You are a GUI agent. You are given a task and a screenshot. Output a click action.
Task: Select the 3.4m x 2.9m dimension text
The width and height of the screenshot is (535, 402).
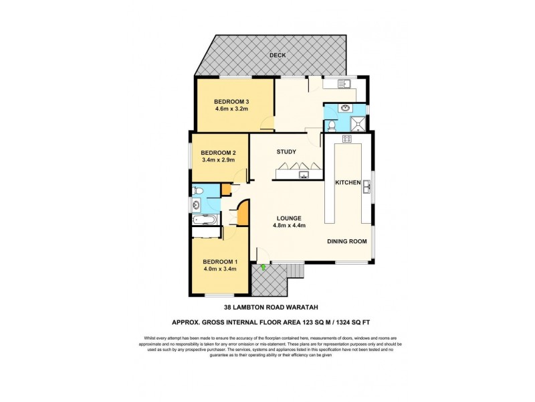pos(218,161)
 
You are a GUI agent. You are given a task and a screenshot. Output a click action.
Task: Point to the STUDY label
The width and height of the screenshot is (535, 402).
pos(286,152)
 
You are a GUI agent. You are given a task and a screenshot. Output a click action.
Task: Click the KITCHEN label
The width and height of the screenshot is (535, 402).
pos(348,183)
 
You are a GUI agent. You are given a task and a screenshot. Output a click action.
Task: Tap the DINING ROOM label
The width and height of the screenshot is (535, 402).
pos(346,241)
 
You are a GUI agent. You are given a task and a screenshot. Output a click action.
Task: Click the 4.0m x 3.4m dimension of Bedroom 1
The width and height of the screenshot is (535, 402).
pos(219,269)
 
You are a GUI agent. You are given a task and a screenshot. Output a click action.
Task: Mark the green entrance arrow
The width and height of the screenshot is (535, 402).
pos(263,268)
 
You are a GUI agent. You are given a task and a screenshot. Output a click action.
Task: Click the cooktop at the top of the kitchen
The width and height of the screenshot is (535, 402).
pos(347,139)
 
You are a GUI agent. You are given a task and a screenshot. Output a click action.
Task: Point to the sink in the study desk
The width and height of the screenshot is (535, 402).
pos(304,176)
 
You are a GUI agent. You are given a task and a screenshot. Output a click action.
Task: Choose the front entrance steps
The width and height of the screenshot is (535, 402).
pos(294,271)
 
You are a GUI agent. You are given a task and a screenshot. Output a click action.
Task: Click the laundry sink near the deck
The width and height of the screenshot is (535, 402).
pos(344,84)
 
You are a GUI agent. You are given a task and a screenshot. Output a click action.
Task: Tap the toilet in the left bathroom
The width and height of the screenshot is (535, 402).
pos(197,191)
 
